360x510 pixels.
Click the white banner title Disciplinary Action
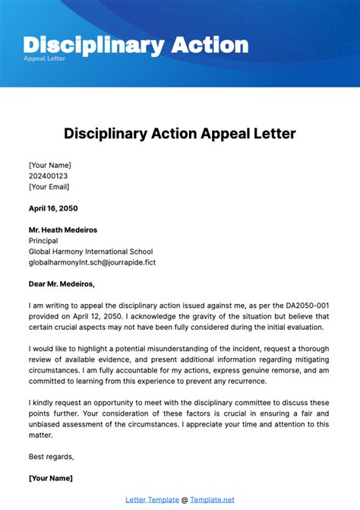(x=136, y=44)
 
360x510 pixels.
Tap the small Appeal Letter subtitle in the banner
(x=45, y=59)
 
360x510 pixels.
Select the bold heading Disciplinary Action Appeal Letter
(x=180, y=134)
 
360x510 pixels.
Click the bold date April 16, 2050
(x=53, y=208)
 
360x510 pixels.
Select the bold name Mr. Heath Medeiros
(x=63, y=230)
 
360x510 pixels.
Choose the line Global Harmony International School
(x=90, y=252)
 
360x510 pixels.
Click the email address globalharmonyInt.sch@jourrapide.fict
(x=92, y=262)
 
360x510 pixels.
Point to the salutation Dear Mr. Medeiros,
(x=62, y=284)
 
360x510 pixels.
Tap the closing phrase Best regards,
(x=52, y=457)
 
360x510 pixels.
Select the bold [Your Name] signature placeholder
(x=51, y=478)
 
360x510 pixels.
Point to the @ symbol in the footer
(x=185, y=499)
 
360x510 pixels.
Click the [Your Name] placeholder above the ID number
(x=50, y=165)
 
